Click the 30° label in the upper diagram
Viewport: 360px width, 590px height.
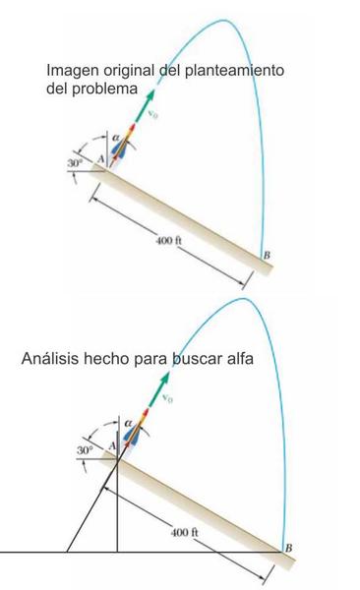point(75,163)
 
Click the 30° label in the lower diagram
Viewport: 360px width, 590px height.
point(85,450)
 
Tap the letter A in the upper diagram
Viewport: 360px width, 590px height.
point(100,159)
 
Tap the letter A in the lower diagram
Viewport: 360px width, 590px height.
point(111,446)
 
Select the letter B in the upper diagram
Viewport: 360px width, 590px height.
point(267,255)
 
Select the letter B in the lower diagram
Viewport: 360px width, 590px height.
point(288,548)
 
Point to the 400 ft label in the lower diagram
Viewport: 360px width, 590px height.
point(185,532)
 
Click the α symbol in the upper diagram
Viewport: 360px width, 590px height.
point(116,138)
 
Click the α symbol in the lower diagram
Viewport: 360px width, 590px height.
point(128,423)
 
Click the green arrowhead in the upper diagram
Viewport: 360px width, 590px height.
point(150,95)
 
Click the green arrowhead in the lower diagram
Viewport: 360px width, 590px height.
point(164,378)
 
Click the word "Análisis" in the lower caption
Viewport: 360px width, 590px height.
point(50,358)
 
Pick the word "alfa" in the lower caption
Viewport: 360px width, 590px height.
point(240,358)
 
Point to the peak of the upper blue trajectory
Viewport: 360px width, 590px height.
point(224,20)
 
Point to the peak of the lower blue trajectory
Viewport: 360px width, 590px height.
point(244,299)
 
